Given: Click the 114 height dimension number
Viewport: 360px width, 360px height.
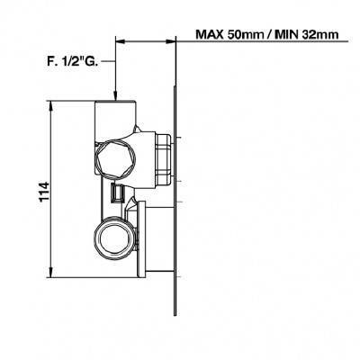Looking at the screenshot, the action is pos(44,192).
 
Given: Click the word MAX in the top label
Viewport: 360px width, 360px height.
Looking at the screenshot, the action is pos(210,34).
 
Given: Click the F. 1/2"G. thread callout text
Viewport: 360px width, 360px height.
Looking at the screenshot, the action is pos(72,61).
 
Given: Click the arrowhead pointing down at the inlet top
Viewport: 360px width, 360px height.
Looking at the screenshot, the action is pos(116,94).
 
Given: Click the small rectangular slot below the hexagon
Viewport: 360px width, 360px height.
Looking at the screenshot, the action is pos(117,193).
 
